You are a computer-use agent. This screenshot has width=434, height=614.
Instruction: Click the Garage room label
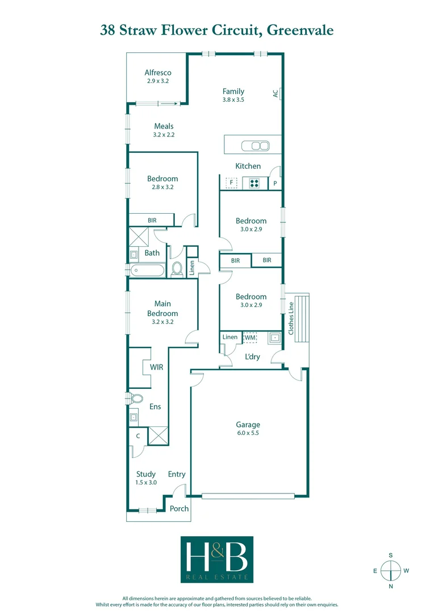click(248, 424)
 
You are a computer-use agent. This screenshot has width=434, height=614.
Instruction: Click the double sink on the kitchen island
click(256, 146)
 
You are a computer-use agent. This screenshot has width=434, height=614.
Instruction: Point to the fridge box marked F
click(231, 183)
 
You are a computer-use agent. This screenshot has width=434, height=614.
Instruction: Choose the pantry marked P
click(275, 184)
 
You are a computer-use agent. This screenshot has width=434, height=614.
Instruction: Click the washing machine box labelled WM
click(250, 338)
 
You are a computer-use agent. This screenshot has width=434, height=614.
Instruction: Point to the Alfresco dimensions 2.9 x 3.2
click(158, 81)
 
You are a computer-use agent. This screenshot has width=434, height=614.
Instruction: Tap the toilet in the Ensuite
click(135, 397)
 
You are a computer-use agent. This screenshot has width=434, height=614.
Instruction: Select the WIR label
click(156, 367)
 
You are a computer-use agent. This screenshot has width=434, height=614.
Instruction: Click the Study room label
click(146, 474)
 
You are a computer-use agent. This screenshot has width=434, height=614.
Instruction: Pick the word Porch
click(180, 508)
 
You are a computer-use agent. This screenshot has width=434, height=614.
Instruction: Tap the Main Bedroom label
click(162, 309)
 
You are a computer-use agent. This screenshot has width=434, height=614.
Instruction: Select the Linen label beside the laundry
click(230, 337)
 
